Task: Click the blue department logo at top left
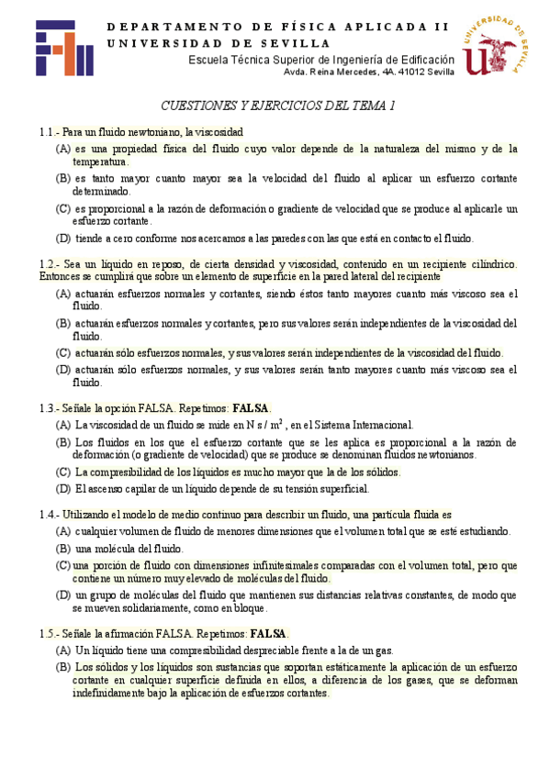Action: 64,49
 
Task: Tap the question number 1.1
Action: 50,132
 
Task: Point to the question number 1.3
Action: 50,408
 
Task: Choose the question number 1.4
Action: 50,516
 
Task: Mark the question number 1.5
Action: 50,634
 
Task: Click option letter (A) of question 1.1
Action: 63,149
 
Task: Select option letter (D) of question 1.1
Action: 63,239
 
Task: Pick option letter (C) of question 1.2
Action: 63,352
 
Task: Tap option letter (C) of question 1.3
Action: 63,472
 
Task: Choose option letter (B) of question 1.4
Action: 63,548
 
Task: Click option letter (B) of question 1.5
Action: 63,667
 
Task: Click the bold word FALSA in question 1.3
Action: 252,408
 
